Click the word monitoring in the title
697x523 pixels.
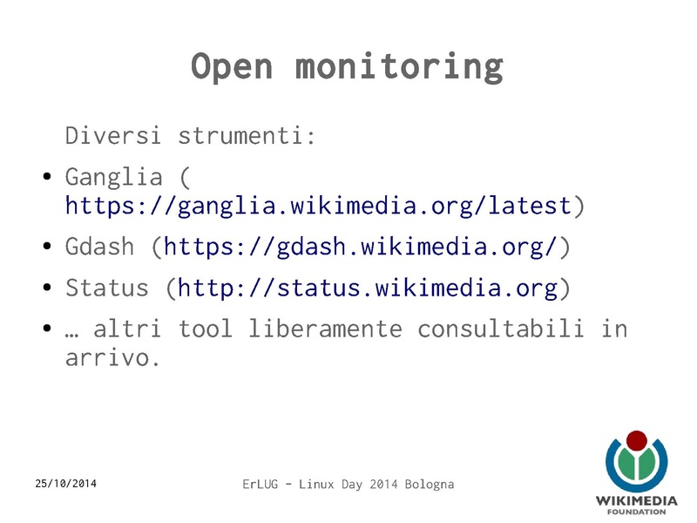[398, 67]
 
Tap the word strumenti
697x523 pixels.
[247, 137]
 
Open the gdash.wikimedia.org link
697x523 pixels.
[360, 247]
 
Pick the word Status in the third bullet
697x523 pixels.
[107, 289]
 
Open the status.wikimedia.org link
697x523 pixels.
[367, 289]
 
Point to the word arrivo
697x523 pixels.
[112, 358]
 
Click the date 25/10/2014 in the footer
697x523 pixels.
[66, 483]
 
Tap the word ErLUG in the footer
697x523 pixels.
[261, 484]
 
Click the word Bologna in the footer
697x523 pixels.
[427, 484]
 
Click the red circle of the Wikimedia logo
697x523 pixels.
[637, 440]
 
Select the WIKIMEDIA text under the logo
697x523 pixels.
[637, 500]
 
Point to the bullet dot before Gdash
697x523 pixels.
[48, 248]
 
